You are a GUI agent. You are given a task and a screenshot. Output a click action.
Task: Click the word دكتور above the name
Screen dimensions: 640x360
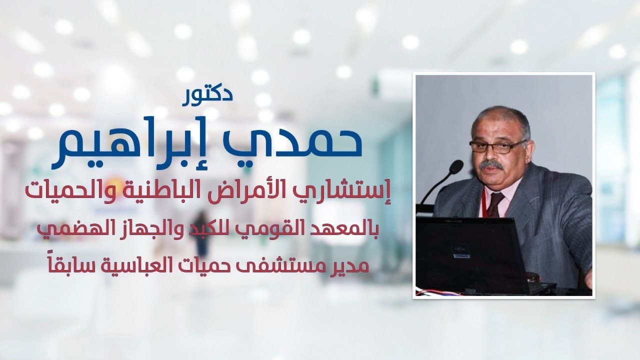point(207,98)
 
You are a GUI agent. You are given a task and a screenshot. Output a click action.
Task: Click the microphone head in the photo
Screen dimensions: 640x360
point(456,166)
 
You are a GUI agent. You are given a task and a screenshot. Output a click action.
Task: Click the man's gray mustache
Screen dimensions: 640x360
point(491,165)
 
